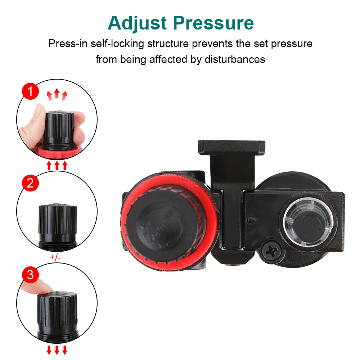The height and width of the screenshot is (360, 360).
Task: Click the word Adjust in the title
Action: [137, 23]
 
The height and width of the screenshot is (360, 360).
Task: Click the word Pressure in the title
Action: [213, 23]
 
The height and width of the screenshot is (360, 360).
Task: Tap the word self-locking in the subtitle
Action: [117, 44]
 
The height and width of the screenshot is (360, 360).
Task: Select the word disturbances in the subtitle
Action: [235, 59]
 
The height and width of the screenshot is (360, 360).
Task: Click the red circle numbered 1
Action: [30, 91]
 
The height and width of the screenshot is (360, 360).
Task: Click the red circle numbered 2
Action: [30, 183]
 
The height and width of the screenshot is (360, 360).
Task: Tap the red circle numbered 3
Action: [30, 275]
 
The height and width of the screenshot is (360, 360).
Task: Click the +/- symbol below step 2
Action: [55, 257]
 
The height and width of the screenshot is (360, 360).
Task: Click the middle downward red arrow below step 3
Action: [57, 350]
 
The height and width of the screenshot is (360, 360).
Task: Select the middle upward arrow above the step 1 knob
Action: [57, 94]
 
